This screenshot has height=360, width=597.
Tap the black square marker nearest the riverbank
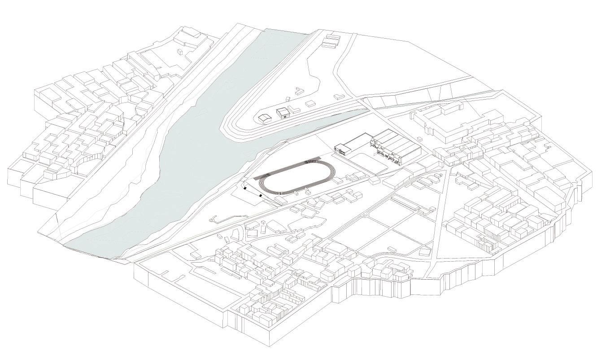(x=245, y=189)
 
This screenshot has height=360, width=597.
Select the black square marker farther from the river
(x=261, y=195)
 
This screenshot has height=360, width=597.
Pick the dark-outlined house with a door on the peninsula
(x=283, y=112)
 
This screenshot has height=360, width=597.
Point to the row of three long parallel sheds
(x=331, y=41)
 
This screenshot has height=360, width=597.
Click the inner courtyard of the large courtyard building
(x=442, y=123)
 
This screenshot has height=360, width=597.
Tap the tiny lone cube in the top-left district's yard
(x=181, y=53)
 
